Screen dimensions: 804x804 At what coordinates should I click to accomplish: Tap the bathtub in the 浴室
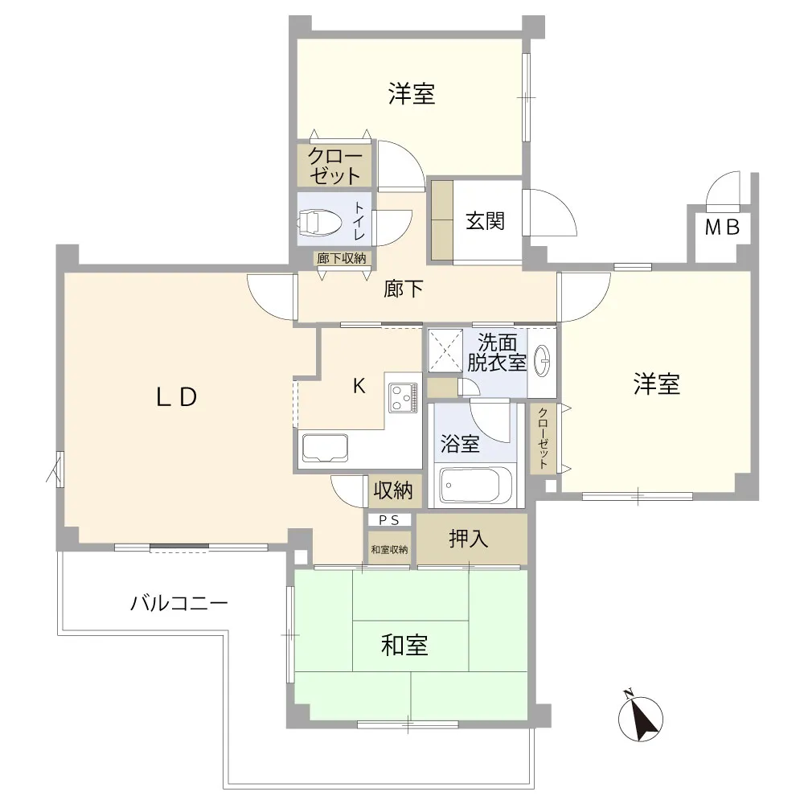(x=476, y=485)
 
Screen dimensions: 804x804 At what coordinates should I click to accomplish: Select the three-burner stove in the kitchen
(x=403, y=398)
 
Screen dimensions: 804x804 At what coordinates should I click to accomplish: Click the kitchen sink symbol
(x=325, y=448)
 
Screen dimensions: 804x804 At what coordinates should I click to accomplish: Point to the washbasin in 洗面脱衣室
(x=542, y=361)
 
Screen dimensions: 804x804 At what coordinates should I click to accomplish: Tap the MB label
(x=722, y=227)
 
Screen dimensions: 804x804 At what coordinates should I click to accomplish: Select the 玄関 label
(x=485, y=221)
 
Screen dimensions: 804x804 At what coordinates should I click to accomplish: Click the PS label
(x=388, y=520)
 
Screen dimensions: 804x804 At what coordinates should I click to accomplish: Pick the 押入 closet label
(x=468, y=539)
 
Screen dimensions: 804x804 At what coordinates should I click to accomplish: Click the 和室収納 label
(x=389, y=550)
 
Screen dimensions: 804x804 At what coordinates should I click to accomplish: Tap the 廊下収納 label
(x=342, y=258)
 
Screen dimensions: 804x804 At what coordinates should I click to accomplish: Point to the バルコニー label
(x=179, y=603)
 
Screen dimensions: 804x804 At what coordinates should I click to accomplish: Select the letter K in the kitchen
(x=359, y=386)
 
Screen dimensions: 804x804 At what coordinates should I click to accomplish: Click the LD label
(x=176, y=397)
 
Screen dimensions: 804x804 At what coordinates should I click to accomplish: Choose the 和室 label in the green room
(x=404, y=645)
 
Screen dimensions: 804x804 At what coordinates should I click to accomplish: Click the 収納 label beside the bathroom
(x=393, y=490)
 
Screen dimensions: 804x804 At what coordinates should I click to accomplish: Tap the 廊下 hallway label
(x=404, y=289)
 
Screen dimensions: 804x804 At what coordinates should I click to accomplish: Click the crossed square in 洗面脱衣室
(x=445, y=351)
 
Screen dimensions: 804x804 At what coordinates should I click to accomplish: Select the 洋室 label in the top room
(x=412, y=94)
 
